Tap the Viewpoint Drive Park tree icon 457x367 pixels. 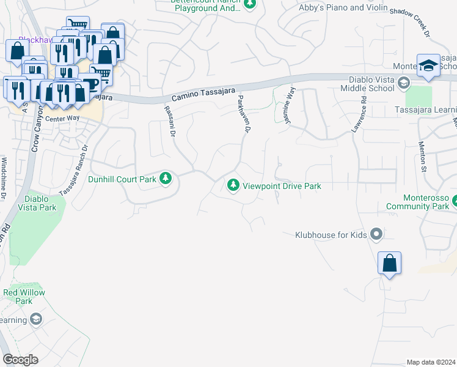point(233,185)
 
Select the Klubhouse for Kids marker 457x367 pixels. point(376,234)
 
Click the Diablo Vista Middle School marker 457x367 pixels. point(403,83)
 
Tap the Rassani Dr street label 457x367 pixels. point(170,120)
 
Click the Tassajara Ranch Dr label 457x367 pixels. point(73,169)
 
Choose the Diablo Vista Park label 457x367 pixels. point(40,203)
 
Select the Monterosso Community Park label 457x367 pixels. point(429,202)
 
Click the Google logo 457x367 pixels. point(20,360)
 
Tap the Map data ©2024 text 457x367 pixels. point(430,362)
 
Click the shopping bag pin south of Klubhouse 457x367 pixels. point(389,264)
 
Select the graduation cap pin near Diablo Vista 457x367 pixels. point(428,66)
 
